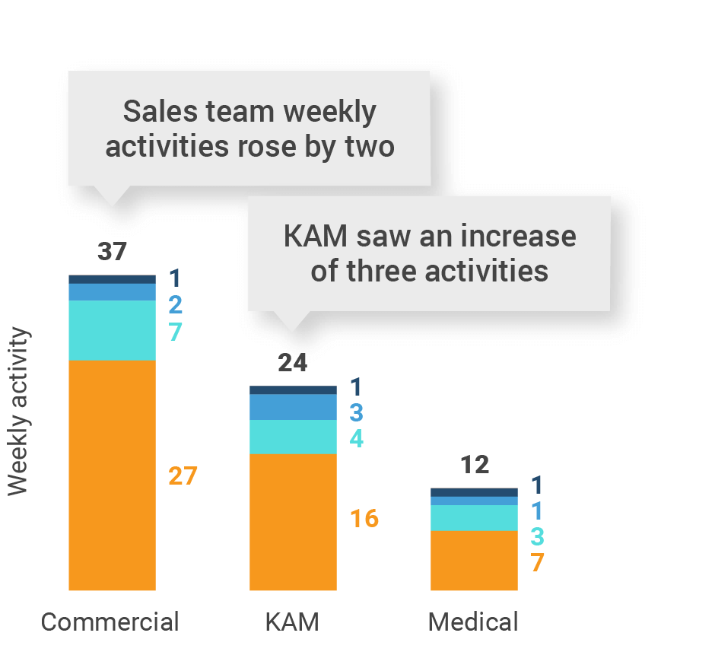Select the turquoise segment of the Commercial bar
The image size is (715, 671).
click(x=112, y=330)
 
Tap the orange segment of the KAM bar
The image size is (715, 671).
click(x=293, y=521)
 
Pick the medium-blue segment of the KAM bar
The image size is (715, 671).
click(x=293, y=407)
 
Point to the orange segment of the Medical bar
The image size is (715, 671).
click(x=474, y=560)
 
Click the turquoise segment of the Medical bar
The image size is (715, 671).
click(x=474, y=517)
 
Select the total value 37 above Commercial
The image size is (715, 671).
click(x=112, y=252)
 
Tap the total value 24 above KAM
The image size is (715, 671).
click(x=293, y=363)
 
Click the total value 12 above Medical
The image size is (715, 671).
click(x=474, y=465)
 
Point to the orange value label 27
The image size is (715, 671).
click(x=183, y=476)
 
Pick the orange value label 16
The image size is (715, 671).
click(x=364, y=519)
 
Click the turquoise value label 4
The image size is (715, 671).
click(x=356, y=439)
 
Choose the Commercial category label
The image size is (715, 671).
click(x=110, y=622)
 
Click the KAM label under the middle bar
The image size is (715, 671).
click(x=292, y=622)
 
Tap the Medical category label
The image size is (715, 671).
click(x=473, y=622)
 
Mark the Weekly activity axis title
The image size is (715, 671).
click(x=18, y=412)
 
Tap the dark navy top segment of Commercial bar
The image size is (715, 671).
click(x=112, y=279)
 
